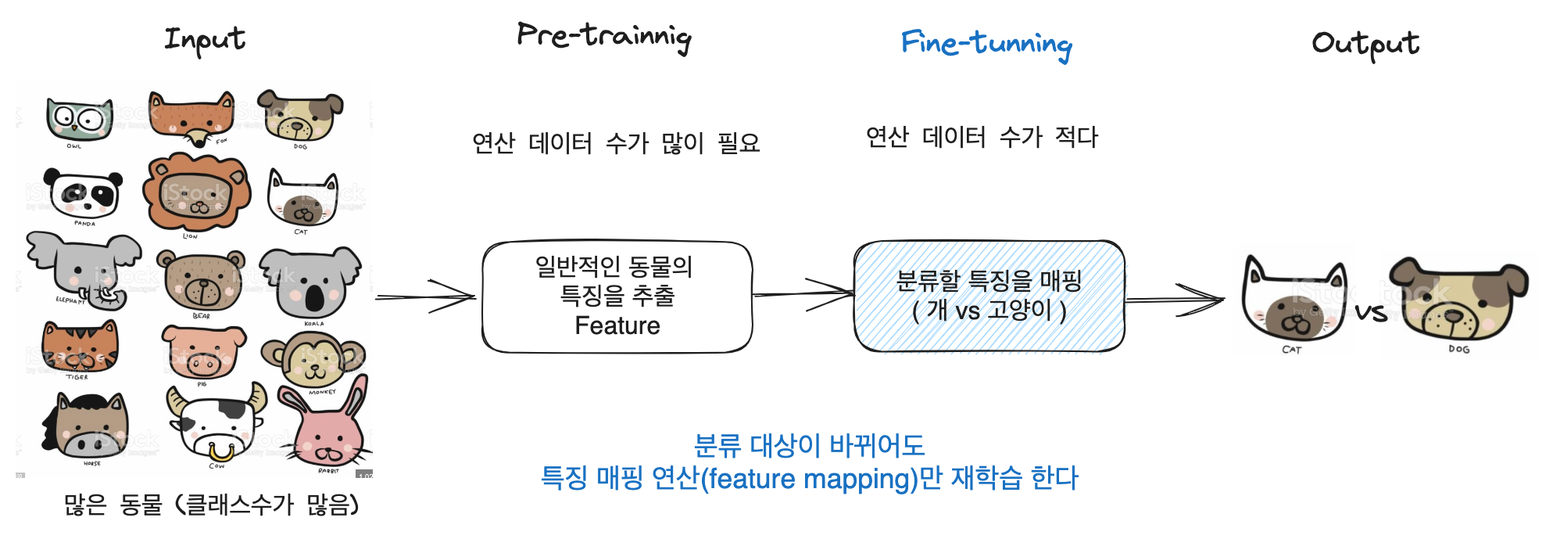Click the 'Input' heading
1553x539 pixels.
(x=205, y=39)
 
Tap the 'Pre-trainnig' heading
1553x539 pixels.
(x=604, y=37)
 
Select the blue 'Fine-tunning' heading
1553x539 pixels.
(x=986, y=44)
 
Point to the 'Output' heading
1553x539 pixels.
(x=1365, y=44)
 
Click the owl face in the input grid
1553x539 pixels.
(x=78, y=120)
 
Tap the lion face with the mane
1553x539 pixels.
(x=196, y=193)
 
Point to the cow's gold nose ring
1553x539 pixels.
(x=220, y=451)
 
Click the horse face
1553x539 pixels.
(x=86, y=426)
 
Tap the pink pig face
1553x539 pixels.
(x=202, y=353)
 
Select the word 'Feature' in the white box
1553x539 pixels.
(x=617, y=325)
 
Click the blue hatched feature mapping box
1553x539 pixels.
(x=989, y=296)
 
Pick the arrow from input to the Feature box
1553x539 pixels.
(x=427, y=296)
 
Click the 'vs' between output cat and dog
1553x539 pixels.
(x=1371, y=313)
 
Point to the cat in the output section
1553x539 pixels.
(x=1294, y=301)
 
